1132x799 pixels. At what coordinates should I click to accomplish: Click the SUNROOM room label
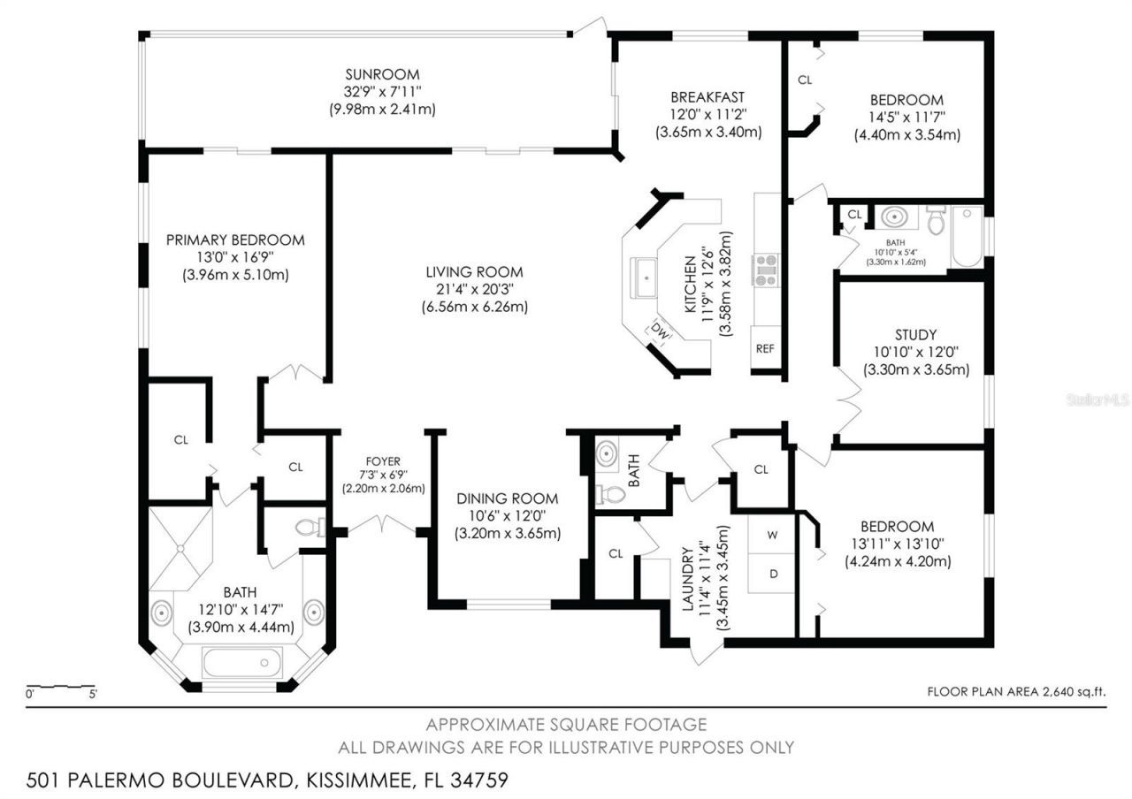point(382,74)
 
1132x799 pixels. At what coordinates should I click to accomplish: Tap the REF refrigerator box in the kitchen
point(765,348)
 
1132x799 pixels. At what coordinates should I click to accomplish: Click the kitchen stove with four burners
point(765,270)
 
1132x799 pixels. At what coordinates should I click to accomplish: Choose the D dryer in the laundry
point(773,574)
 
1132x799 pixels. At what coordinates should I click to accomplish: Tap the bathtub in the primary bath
point(241,662)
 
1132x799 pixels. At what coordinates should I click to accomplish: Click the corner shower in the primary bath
point(180,548)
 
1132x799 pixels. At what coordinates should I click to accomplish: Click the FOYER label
point(383,461)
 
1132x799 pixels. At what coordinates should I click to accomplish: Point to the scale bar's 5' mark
point(94,695)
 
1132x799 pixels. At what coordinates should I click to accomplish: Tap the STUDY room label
point(915,335)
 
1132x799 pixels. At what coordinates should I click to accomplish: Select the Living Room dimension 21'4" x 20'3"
point(474,290)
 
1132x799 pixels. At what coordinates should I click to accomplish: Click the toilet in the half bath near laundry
point(610,494)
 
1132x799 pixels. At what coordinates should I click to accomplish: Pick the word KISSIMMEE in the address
point(358,780)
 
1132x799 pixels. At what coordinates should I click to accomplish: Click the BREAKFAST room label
point(707,97)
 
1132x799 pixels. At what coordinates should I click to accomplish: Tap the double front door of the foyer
point(381,527)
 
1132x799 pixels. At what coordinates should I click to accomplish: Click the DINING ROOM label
point(508,498)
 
